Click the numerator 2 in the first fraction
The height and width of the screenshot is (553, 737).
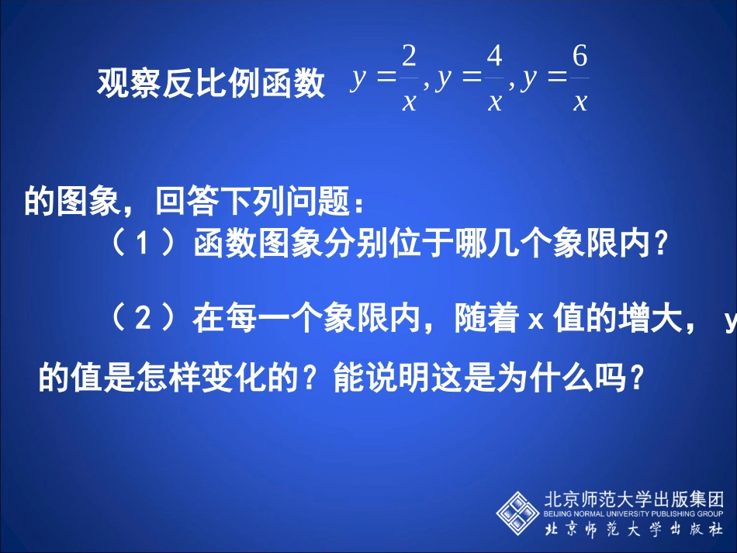[410, 57]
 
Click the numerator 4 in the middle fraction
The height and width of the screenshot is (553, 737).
[494, 57]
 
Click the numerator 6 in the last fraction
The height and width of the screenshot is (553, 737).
[580, 57]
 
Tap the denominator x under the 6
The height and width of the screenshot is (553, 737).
[580, 102]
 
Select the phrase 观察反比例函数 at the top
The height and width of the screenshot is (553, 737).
[211, 84]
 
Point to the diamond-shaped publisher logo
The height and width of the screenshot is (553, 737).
[517, 511]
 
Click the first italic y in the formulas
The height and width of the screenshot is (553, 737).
[358, 79]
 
